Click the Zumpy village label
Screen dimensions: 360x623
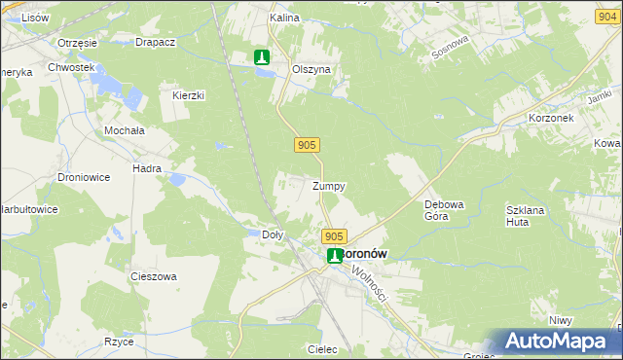coord(328,186)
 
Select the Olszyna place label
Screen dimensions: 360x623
coord(312,70)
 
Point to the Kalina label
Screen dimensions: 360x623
coord(283,18)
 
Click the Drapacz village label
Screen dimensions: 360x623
coord(155,43)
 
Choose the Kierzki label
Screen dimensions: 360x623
coord(188,95)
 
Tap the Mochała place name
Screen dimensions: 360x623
coord(125,129)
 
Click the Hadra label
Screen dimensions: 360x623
coord(147,168)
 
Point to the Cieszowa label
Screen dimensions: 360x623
coord(154,276)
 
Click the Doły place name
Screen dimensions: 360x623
coord(274,234)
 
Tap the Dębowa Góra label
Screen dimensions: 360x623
coord(443,210)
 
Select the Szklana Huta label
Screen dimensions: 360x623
coord(523,216)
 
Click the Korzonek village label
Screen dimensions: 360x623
coord(551,117)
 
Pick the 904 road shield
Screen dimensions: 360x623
coord(606,16)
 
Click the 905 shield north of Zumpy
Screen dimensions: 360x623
coord(306,145)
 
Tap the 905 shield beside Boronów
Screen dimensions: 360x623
coord(334,236)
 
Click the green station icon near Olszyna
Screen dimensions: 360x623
coord(261,58)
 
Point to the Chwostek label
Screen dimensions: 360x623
coord(74,67)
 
